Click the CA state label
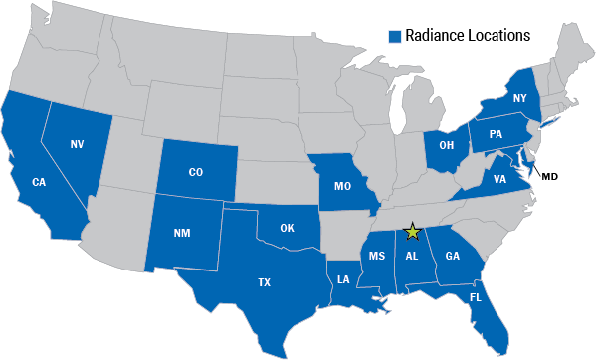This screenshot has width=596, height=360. point(40,182)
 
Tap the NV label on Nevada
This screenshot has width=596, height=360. point(76,145)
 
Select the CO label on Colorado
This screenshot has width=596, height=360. point(196,172)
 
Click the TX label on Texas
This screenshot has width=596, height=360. point(264,282)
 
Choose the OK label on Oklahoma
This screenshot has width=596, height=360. point(287,228)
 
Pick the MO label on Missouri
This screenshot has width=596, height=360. point(341,186)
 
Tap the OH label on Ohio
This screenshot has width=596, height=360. point(447,146)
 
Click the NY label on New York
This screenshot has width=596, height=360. point(519,98)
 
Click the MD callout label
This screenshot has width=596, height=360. point(549,176)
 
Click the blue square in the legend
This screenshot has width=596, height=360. point(394,36)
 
